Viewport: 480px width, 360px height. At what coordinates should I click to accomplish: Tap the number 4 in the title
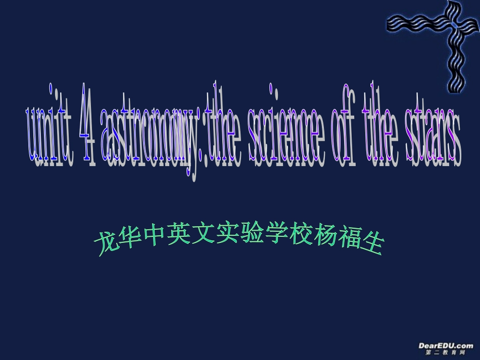85,132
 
